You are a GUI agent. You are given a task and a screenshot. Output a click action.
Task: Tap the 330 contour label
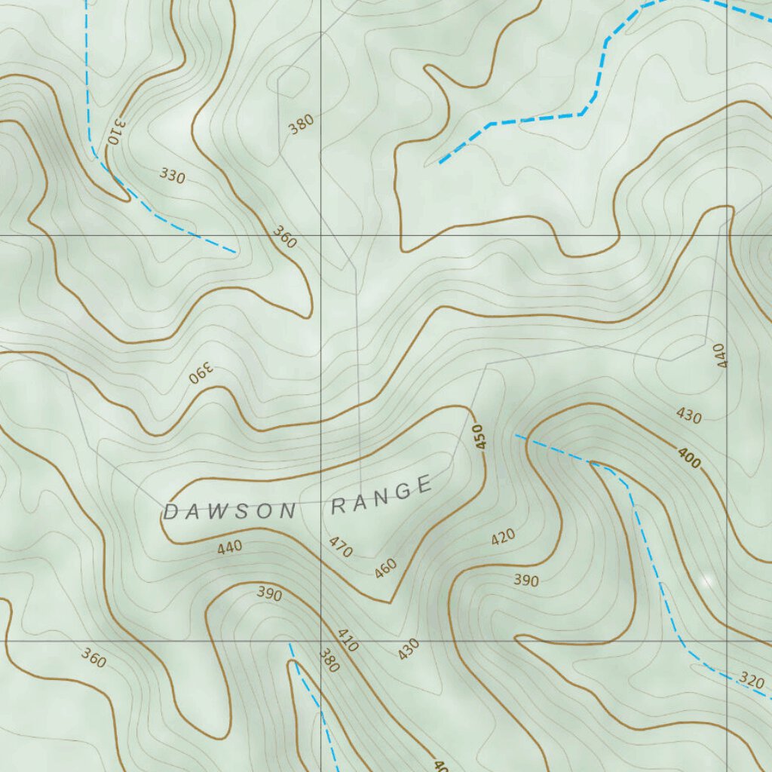(172, 176)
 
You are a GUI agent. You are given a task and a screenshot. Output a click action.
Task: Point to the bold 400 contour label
(688, 457)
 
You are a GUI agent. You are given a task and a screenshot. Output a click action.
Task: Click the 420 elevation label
(503, 537)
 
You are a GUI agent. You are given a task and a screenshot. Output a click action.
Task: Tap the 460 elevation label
(385, 568)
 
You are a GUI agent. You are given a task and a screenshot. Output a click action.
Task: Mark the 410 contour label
(348, 640)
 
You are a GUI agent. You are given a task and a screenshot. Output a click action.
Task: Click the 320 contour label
(752, 679)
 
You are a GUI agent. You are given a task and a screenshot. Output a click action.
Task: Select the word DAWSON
(229, 512)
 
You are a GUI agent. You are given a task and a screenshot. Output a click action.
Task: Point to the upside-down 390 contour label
(202, 373)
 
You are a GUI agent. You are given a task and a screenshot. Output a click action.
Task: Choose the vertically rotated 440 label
(719, 355)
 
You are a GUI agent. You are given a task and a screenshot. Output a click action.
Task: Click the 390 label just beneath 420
(526, 580)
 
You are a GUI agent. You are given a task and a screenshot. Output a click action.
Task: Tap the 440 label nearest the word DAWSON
(230, 547)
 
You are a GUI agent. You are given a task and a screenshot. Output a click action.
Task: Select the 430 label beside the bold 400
(688, 416)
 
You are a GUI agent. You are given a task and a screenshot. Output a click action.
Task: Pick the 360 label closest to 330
(284, 237)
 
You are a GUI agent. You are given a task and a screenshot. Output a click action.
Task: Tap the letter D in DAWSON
(170, 513)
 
